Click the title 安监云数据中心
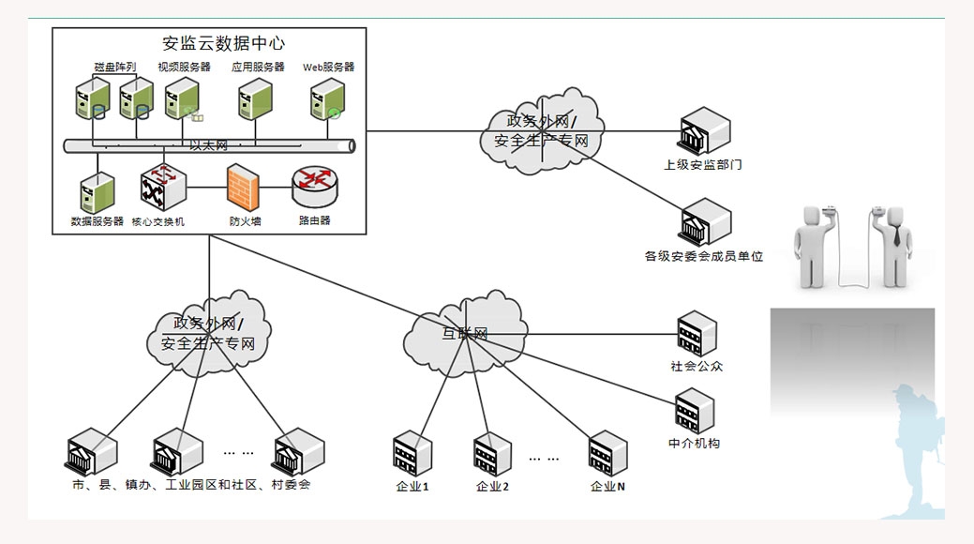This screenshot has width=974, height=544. (x=223, y=43)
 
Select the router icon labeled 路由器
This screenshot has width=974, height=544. (x=314, y=188)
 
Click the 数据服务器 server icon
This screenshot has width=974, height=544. (x=97, y=192)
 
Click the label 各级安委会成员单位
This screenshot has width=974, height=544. (x=703, y=256)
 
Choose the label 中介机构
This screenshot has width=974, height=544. (x=695, y=443)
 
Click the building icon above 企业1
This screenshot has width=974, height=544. (x=412, y=454)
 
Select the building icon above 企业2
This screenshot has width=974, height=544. (x=492, y=455)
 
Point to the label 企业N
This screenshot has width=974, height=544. (x=607, y=487)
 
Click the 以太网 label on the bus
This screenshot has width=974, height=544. (x=208, y=145)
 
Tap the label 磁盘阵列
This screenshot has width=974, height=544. (x=114, y=68)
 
